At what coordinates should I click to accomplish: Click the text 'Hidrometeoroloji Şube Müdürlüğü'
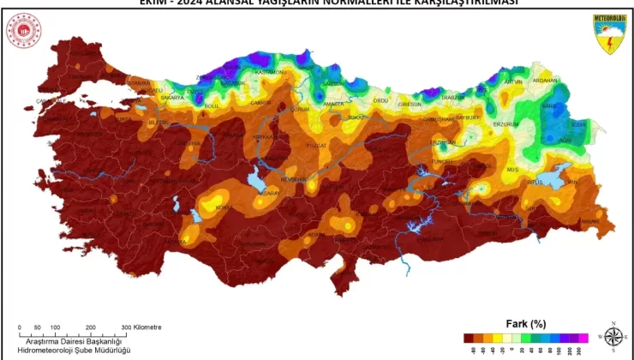click(75, 351)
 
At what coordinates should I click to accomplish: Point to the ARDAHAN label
click(545, 81)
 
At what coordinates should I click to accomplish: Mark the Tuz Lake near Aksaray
click(254, 182)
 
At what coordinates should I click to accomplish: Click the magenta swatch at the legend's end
click(583, 338)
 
